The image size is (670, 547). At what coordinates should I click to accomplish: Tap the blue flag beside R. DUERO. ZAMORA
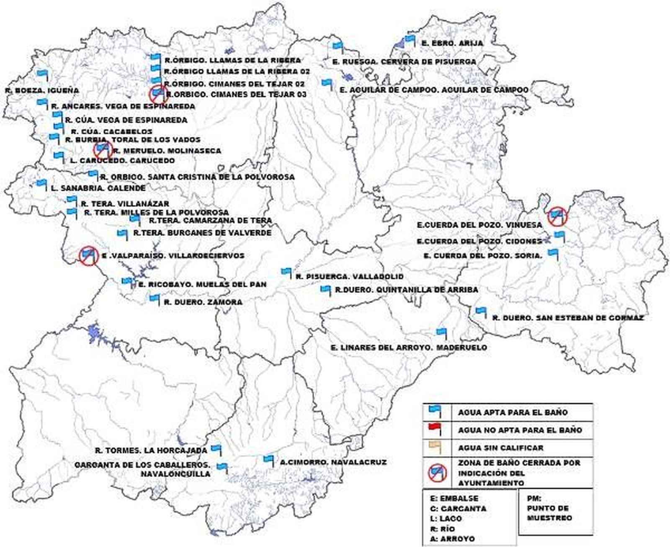click(x=155, y=298)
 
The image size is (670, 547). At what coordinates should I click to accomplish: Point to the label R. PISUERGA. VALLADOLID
click(x=349, y=277)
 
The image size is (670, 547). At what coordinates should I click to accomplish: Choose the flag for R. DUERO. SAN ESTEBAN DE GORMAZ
click(x=481, y=311)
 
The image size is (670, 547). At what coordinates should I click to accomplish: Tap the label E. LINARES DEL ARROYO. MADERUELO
click(x=408, y=347)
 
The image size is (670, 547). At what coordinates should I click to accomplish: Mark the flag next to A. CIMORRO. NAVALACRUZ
click(x=268, y=459)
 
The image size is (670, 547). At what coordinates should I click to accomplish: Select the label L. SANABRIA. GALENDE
click(x=98, y=188)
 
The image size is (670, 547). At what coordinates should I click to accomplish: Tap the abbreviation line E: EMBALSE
click(x=454, y=498)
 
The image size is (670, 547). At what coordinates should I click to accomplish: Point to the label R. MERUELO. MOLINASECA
click(x=167, y=151)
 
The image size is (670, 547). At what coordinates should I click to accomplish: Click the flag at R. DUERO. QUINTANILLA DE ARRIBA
click(x=325, y=289)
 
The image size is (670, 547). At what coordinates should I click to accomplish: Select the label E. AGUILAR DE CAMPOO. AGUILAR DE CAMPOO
click(x=434, y=90)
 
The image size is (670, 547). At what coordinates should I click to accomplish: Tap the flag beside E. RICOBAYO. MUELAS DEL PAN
click(x=126, y=281)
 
